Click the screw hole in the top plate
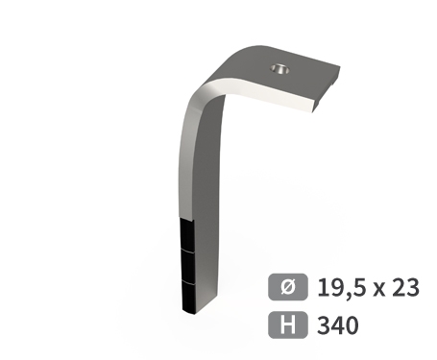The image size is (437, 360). point(279,69)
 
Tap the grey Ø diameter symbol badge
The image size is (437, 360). point(285,287)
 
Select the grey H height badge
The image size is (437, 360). point(285,324)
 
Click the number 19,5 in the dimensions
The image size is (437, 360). point(336,287)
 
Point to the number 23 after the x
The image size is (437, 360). point(404,287)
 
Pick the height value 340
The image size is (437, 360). point(336,324)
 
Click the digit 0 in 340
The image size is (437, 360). point(351,324)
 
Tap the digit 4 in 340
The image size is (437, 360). point(336,324)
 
